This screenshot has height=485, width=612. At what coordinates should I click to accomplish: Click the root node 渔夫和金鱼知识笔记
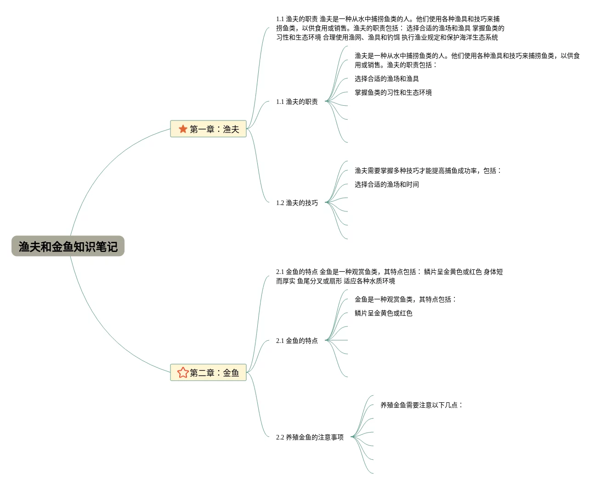68,246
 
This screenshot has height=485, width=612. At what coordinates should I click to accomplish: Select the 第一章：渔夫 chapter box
209,129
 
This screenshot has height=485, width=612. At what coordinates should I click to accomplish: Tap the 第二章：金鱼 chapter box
209,372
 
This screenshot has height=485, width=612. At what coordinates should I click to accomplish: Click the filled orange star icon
183,129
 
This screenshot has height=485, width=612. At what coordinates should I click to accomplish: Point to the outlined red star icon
183,372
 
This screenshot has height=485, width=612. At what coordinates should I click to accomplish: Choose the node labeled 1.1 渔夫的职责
297,102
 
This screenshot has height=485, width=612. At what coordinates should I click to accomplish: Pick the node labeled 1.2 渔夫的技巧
297,203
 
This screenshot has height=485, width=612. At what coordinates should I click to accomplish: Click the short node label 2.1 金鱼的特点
297,341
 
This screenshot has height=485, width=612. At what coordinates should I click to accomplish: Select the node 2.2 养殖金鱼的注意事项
310,437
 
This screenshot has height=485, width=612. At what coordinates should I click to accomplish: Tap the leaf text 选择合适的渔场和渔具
386,79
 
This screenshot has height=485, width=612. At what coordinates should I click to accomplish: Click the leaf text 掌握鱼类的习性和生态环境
393,92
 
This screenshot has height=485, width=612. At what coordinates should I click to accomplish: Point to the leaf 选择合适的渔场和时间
386,184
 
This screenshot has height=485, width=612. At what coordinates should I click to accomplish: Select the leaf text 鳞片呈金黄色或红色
383,313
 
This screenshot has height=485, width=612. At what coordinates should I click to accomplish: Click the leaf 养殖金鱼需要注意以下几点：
421,405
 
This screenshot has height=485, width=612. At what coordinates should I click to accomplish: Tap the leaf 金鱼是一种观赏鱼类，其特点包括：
405,299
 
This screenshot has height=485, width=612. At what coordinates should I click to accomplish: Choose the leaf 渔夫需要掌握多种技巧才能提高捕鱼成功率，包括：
428,171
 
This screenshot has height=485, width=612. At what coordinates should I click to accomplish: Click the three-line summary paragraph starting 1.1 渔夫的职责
390,28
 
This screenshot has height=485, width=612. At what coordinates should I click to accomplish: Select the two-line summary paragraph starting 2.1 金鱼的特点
389,276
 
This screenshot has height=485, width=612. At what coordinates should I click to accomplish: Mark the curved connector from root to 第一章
101,165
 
